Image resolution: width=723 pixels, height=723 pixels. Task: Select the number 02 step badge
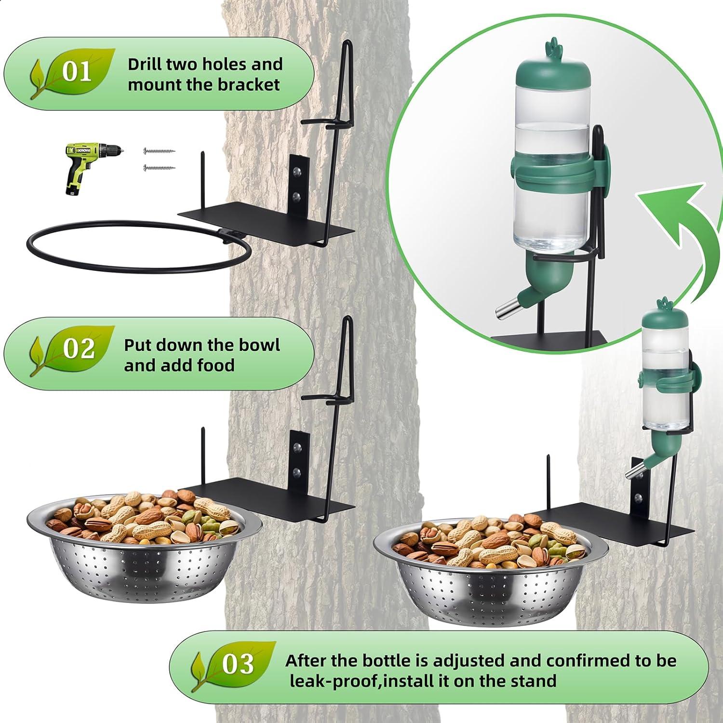coord(78,348)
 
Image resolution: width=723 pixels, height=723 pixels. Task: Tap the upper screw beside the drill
coord(159,151)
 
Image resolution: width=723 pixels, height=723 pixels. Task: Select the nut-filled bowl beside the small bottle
coord(492,564)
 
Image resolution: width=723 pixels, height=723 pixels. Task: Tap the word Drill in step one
coord(145,64)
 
